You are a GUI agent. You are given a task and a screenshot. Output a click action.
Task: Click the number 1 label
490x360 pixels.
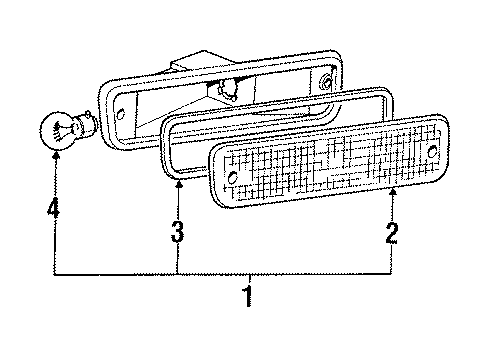coord(245,299)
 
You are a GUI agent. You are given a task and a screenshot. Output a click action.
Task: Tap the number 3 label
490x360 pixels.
coord(176,233)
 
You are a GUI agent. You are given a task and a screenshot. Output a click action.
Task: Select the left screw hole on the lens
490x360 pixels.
coord(232,178)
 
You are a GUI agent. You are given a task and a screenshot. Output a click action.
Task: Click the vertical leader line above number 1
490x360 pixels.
coord(245,279)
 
